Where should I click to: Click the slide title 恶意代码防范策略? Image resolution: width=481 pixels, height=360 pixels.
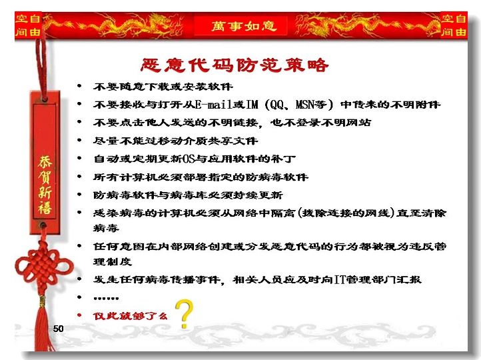[x=235, y=65]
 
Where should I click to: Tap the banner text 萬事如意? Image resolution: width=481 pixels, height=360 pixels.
[x=244, y=26]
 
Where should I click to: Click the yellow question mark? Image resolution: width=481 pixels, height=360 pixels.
[x=184, y=313]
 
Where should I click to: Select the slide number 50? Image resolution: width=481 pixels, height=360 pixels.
[x=58, y=329]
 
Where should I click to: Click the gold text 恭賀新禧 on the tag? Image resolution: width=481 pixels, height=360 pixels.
[x=45, y=185]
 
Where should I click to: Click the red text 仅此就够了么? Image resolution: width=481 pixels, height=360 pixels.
[x=130, y=316]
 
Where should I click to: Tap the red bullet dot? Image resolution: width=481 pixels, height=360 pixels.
[x=79, y=315]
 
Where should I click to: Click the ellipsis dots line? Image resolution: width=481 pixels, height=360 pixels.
[x=106, y=298]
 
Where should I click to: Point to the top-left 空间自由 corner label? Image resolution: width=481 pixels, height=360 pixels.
[x=28, y=25]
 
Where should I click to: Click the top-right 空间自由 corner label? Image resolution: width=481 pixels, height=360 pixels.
[x=454, y=25]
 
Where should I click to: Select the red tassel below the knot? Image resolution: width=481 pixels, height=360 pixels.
[x=43, y=325]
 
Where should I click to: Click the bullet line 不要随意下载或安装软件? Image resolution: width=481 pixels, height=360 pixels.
[x=163, y=87]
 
